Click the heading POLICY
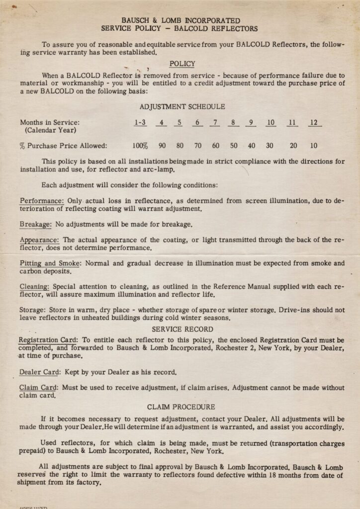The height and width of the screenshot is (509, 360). tap(182, 64)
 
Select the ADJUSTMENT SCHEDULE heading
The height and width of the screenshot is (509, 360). tap(182, 107)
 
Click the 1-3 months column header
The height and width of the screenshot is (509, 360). tap(140, 122)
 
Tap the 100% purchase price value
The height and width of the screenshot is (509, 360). tap(140, 146)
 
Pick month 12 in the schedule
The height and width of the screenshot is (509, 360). tap(314, 122)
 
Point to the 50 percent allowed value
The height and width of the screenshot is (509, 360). tap(233, 146)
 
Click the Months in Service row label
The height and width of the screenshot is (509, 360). tap(50, 122)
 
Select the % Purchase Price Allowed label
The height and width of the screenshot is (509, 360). tap(63, 146)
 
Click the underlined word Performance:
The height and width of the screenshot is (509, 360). tap(41, 201)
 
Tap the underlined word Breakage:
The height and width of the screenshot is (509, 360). tap(35, 225)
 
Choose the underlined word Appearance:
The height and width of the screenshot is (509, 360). tap(40, 240)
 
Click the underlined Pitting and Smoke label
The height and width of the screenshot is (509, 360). tap(51, 263)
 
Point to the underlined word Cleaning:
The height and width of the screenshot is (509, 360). tap(35, 287)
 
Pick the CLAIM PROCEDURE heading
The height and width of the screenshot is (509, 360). tap(181, 407)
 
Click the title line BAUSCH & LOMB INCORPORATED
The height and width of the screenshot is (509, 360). tap(180, 21)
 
